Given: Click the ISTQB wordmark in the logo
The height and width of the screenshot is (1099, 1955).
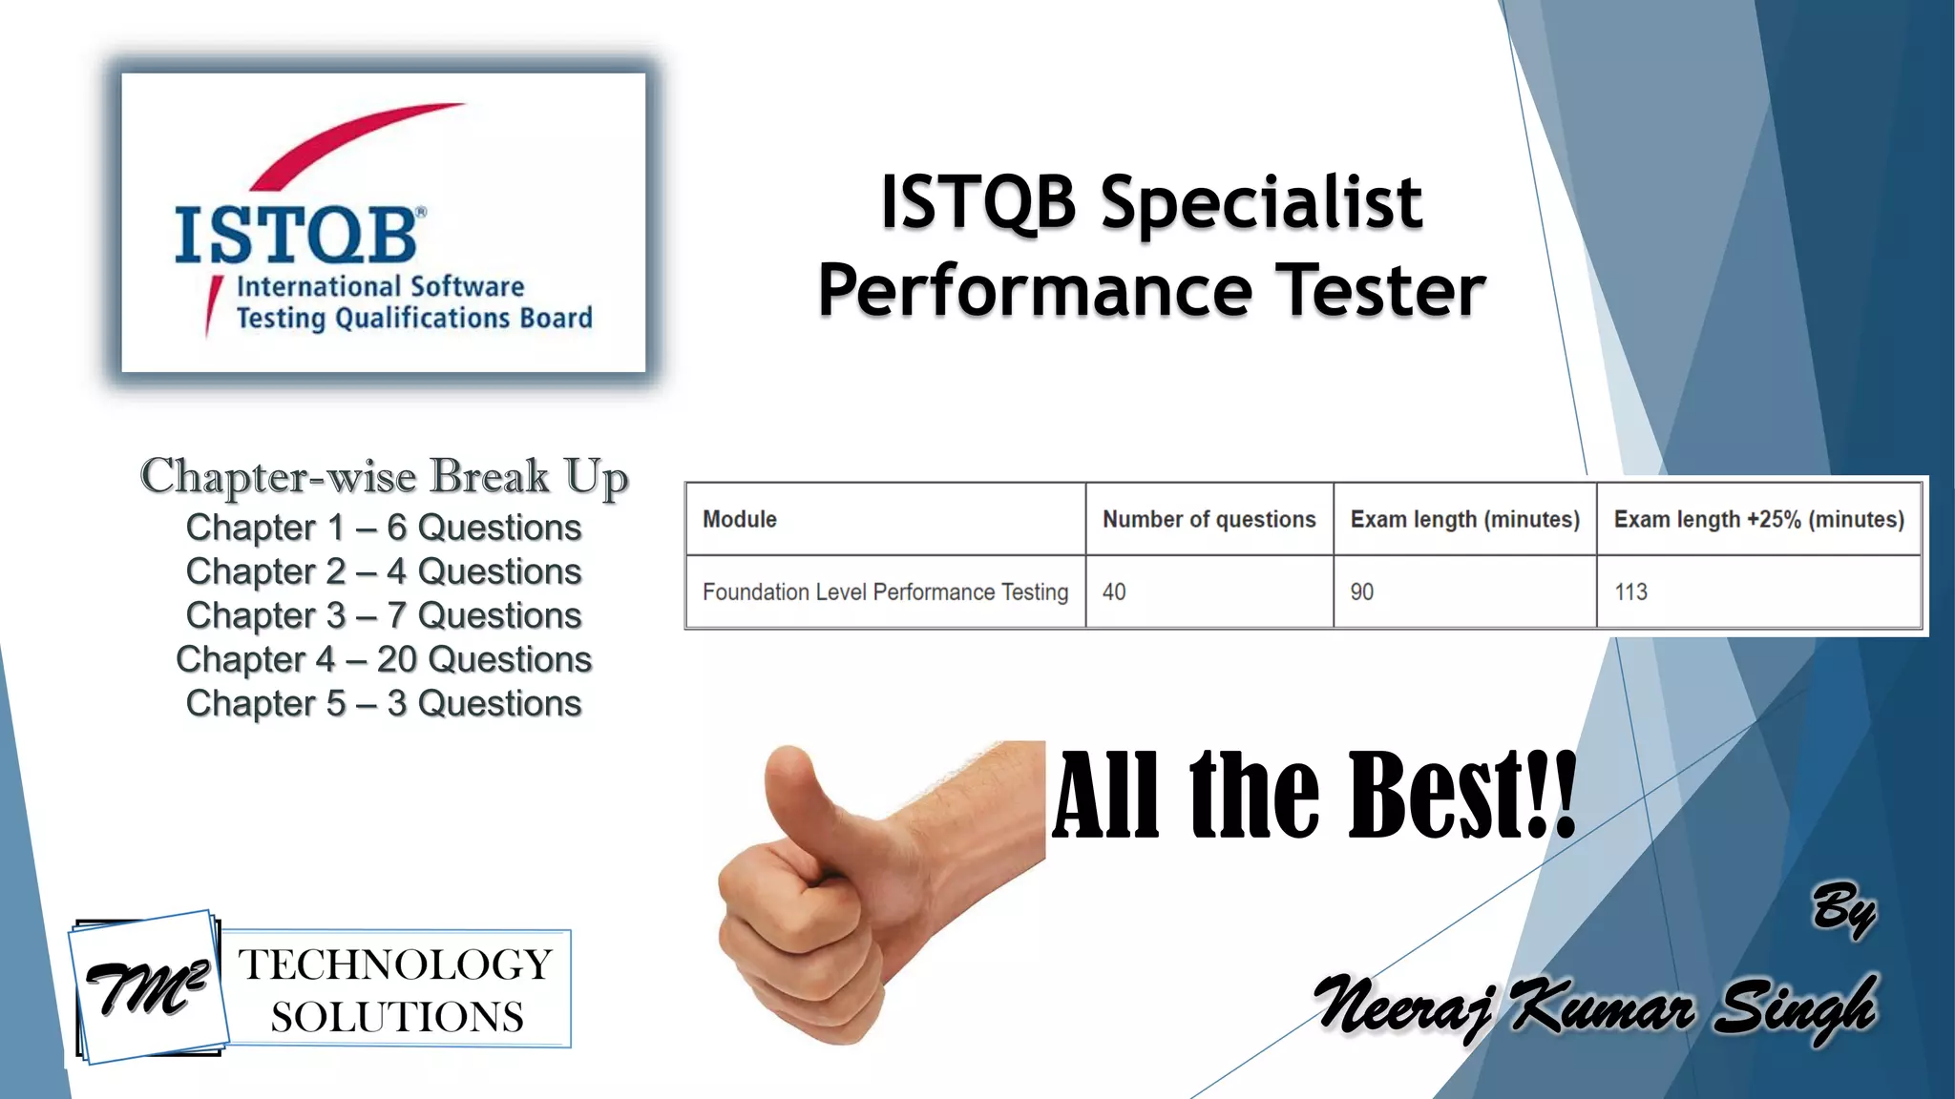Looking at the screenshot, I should pos(297,235).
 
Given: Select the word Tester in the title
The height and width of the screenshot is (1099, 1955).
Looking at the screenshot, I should pos(1382,290).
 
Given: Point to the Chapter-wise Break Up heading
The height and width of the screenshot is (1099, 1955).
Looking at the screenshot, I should pos(384,477).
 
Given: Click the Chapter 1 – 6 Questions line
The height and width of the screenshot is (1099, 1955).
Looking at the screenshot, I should pos(384,528).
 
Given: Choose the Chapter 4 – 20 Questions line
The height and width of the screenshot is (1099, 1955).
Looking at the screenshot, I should pos(384,659).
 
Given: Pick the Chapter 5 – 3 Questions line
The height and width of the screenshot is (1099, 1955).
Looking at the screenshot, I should pos(384,703).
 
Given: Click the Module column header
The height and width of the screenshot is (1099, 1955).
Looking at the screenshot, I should pos(740,519).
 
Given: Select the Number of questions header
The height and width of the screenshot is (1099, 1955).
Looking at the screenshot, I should pos(1209,519).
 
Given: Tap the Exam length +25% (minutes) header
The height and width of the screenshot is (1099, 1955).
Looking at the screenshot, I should pos(1758,519).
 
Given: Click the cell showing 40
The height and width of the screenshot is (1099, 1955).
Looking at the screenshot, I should pos(1114,591).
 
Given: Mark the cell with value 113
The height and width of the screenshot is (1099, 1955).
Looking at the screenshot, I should pos(1630,591).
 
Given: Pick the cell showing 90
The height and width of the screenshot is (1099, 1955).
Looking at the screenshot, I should pos(1362,591).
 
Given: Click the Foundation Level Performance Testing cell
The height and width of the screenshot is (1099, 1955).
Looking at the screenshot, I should pos(885,591).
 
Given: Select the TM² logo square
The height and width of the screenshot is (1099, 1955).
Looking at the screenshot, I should pos(149,987).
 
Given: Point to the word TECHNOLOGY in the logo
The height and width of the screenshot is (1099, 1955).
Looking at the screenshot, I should pos(395,964).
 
